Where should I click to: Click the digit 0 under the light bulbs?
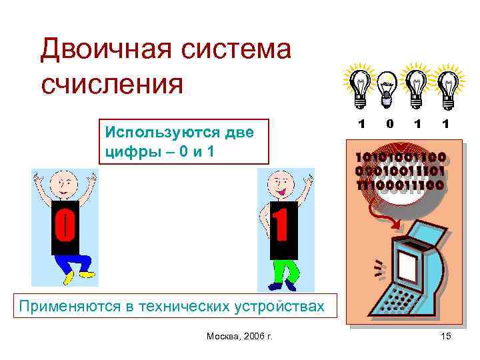(x=389, y=125)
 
